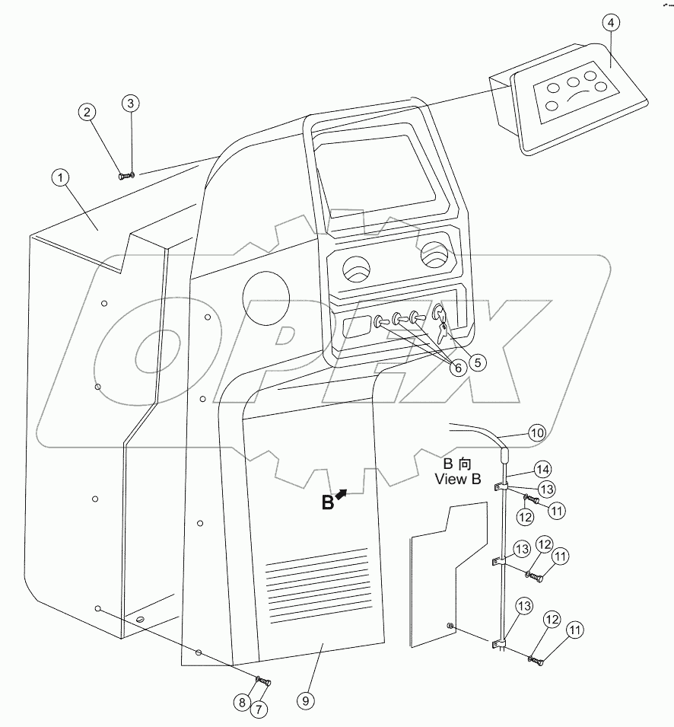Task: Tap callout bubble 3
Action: point(131,102)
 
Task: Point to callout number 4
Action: point(612,23)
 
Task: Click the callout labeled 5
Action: point(477,362)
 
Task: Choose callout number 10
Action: point(537,433)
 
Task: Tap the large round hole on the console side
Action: point(266,298)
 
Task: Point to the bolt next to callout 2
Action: point(123,176)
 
